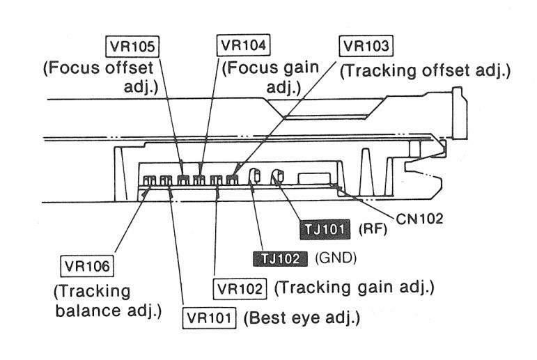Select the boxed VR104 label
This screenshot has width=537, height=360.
243,45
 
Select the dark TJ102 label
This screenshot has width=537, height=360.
280,258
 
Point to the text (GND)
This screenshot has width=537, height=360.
336,258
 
